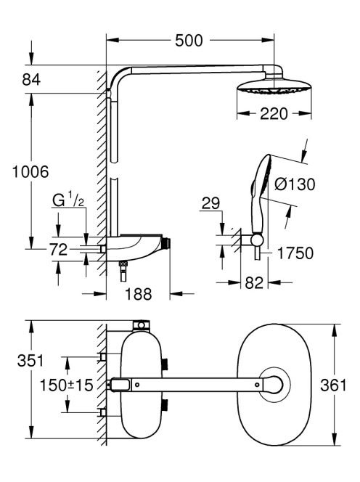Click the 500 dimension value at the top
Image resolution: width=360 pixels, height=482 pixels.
(189, 41)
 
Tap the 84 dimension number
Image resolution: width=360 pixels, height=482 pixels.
(31, 80)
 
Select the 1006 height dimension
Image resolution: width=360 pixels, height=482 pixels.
(30, 171)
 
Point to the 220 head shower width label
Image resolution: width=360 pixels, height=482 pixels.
(274, 114)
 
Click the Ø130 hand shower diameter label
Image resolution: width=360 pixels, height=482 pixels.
(295, 184)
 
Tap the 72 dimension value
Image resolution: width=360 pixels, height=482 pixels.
(58, 249)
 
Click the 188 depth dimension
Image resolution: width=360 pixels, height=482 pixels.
(139, 294)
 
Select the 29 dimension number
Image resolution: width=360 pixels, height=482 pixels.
(211, 203)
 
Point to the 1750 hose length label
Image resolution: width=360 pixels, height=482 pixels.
(295, 253)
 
